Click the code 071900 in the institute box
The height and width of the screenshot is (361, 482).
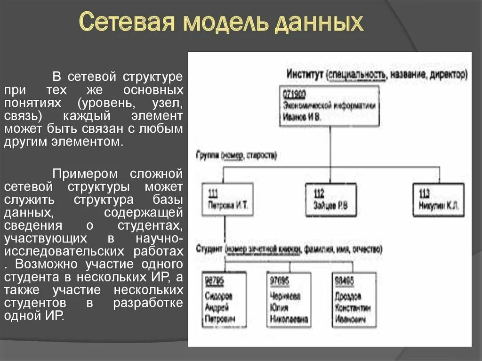point(294,94)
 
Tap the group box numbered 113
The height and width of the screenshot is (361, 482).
point(440,200)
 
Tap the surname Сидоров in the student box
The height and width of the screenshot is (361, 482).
point(219,297)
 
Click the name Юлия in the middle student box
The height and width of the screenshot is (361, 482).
point(279,308)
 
